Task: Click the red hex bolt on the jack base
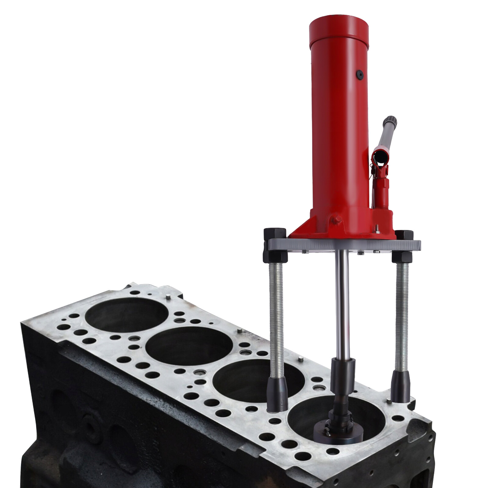tap(337, 220)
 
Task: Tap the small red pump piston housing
tap(381, 192)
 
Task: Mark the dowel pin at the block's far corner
tap(168, 296)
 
